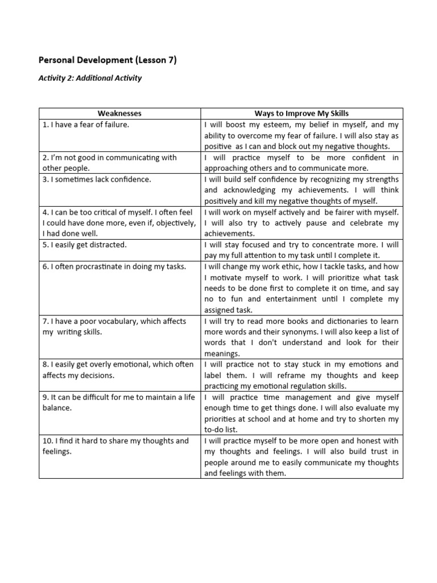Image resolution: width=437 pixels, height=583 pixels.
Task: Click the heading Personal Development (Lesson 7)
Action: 107,60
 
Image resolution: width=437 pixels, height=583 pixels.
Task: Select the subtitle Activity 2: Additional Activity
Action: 90,78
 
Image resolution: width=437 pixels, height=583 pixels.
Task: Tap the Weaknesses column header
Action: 119,113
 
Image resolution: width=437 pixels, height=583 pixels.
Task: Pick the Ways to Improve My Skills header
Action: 302,113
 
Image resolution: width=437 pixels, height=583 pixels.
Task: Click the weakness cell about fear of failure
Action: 85,124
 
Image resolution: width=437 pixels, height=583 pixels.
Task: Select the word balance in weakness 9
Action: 56,408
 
